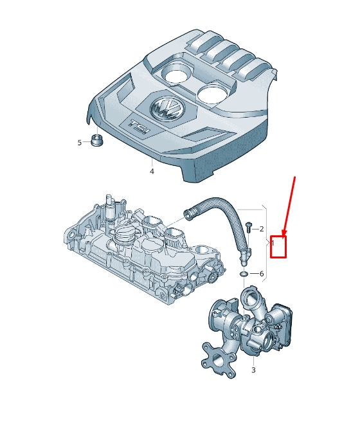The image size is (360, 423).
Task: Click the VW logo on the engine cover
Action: point(166,109)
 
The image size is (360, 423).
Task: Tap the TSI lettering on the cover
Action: point(139,127)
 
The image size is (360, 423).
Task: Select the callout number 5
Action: point(79,143)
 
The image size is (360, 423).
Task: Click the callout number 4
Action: point(152,171)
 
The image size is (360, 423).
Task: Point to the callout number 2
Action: point(262,229)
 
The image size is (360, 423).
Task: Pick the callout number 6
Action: point(262,274)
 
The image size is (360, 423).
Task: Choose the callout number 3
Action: point(253,370)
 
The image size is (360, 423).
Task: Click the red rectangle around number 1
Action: point(278,247)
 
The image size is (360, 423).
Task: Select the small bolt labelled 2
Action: point(248,228)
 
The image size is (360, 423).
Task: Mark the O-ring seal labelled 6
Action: point(244,274)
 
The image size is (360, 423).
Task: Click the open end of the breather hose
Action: point(187,213)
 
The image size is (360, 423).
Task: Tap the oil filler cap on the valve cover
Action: point(124,234)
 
